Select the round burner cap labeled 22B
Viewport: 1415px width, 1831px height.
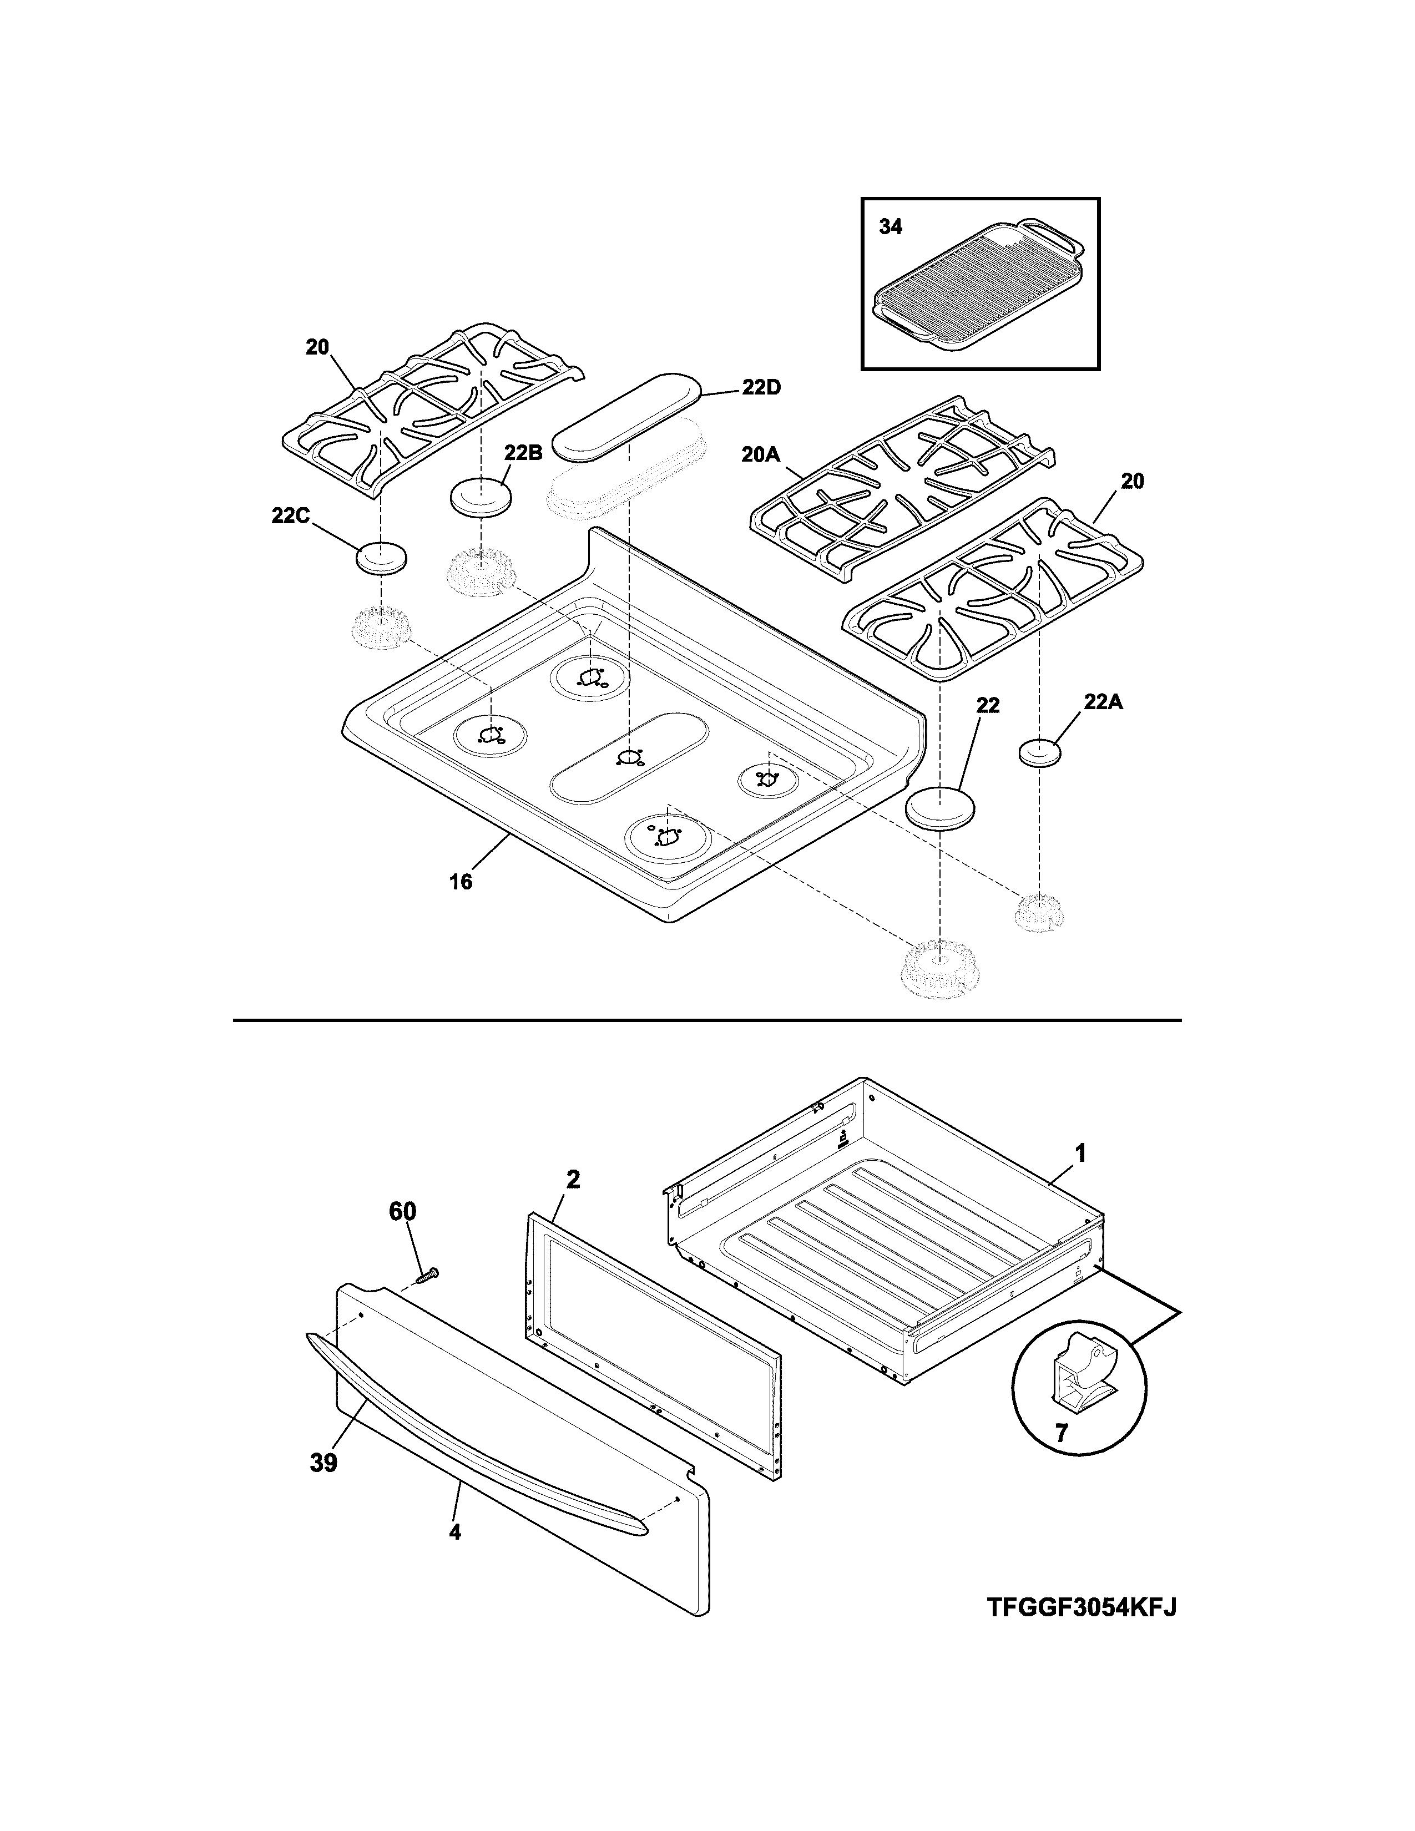(481, 499)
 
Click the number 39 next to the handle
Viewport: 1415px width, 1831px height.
(324, 1463)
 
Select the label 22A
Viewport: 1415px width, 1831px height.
(1103, 702)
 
